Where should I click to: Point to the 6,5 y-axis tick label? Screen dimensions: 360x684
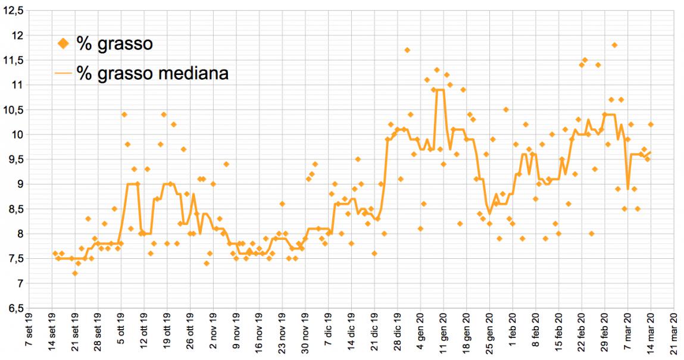pyautogui.click(x=14, y=308)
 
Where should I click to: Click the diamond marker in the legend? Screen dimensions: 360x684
pyautogui.click(x=63, y=43)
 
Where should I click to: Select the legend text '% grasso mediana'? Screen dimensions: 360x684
pyautogui.click(x=153, y=73)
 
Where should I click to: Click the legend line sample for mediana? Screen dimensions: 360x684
pyautogui.click(x=63, y=73)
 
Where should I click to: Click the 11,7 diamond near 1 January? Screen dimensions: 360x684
pyautogui.click(x=407, y=50)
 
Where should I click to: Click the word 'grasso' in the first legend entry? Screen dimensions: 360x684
pyautogui.click(x=123, y=43)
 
